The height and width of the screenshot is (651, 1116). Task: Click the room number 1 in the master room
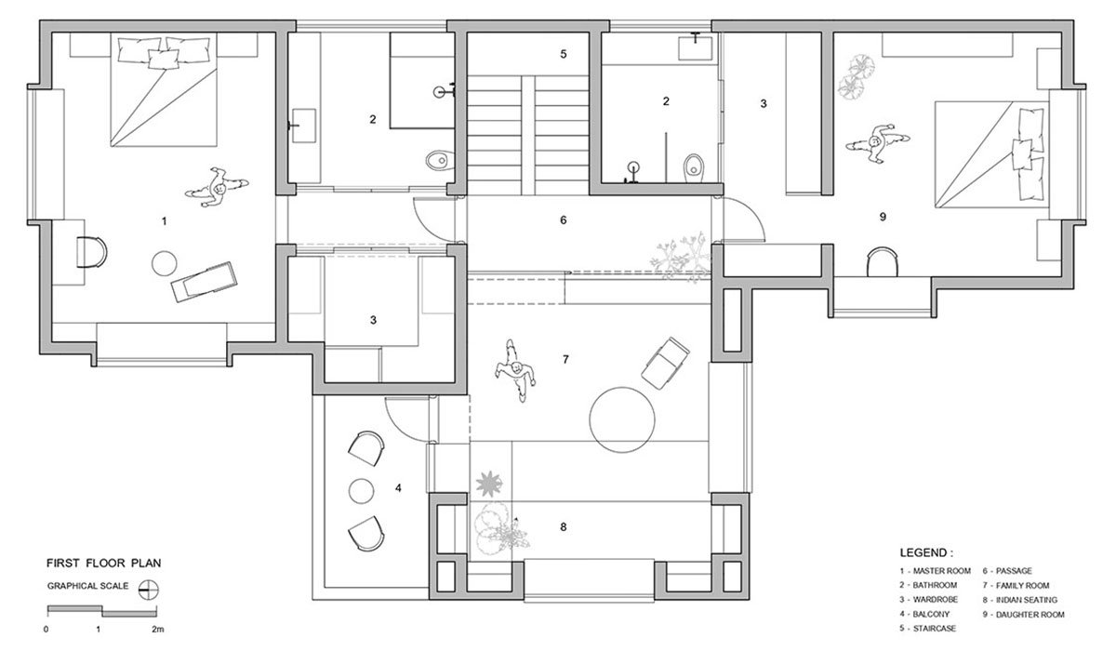coord(164,221)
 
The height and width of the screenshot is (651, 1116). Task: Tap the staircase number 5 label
coord(563,54)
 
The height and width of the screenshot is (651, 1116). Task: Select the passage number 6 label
coord(563,220)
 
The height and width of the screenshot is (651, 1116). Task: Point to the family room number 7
coord(565,358)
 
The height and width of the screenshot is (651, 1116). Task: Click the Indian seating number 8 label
coord(563,527)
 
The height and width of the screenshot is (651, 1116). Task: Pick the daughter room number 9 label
coord(882,217)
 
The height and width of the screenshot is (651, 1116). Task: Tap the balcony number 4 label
coord(398,487)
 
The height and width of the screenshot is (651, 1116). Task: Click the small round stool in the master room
coord(165,263)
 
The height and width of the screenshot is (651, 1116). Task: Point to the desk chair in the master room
coord(90,251)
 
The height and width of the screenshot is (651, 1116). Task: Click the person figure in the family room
coord(514,371)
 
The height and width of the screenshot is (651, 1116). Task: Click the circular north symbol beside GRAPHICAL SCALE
coord(144,587)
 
